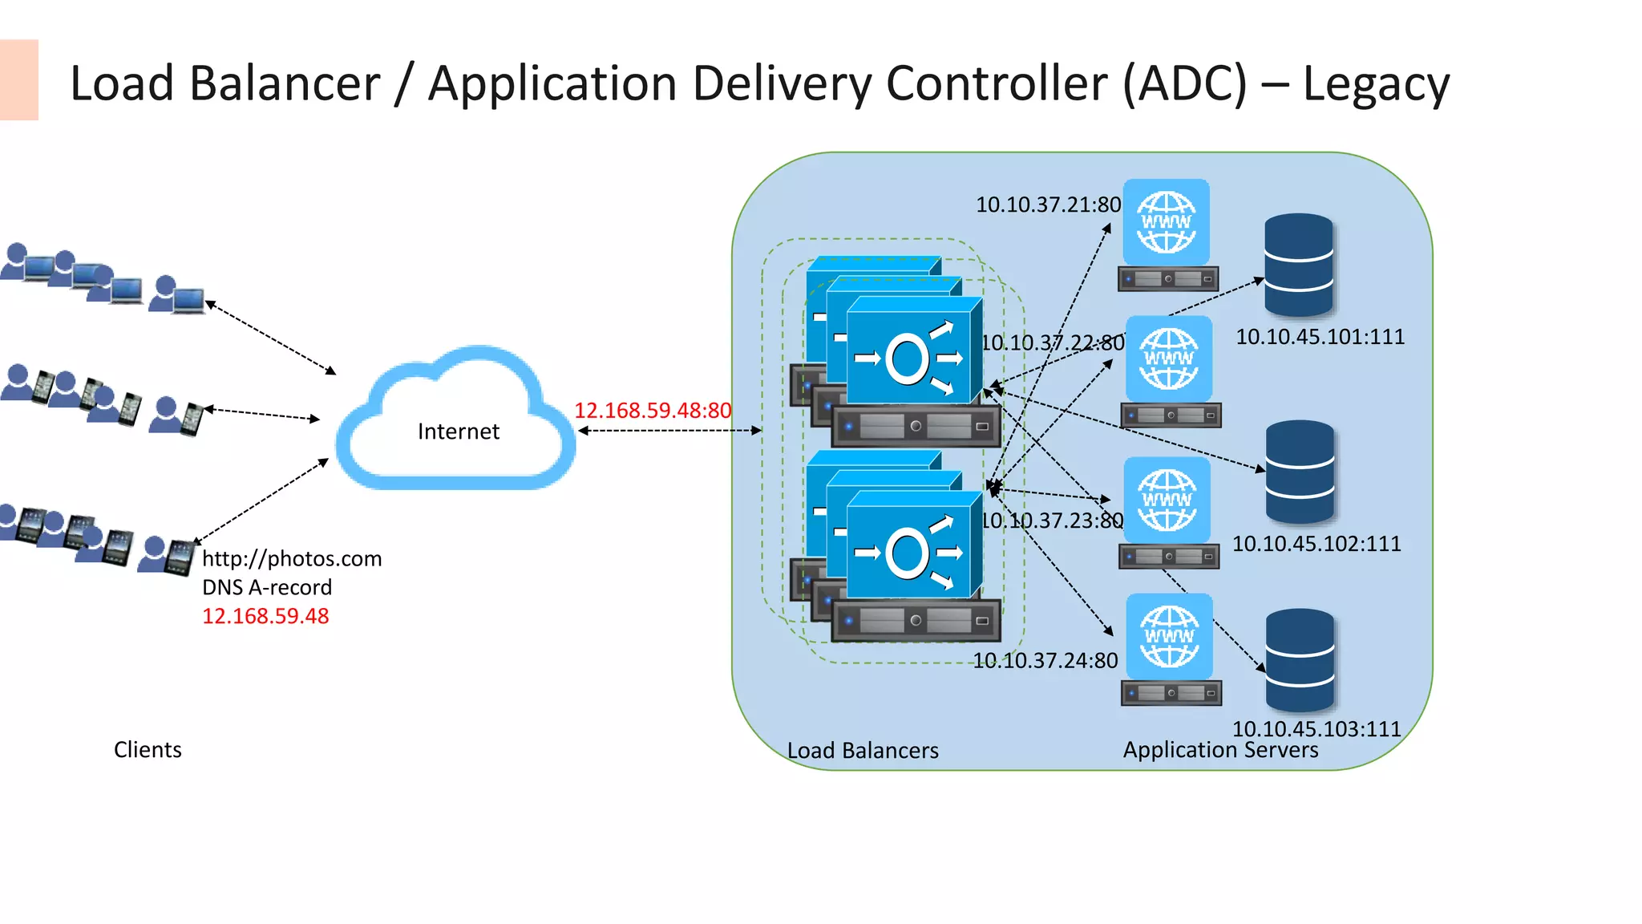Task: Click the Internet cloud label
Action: coord(458,432)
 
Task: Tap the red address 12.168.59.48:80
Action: coord(653,411)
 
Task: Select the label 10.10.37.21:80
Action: coord(1048,205)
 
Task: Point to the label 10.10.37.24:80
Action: coord(1045,661)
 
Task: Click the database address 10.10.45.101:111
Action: coord(1320,337)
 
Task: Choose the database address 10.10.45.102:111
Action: coord(1316,544)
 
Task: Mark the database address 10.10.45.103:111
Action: coord(1316,728)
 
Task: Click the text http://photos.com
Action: coord(292,558)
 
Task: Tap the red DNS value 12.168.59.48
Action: coord(265,616)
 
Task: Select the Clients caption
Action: coord(148,749)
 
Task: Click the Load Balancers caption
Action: coord(863,751)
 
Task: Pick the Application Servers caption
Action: coord(1220,750)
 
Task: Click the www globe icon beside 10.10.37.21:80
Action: coord(1167,222)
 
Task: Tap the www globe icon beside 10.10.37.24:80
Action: coord(1170,637)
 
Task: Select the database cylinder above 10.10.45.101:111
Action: coord(1299,264)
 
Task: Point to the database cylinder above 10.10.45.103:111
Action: coord(1300,659)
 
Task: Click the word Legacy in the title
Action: coord(1376,83)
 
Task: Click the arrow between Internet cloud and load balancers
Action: coord(669,431)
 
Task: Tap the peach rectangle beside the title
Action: coord(18,79)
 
